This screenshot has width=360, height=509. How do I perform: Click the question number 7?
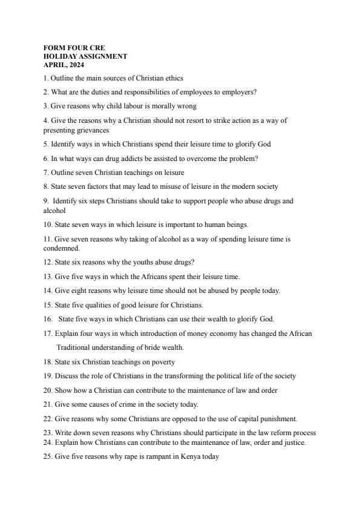click(x=46, y=172)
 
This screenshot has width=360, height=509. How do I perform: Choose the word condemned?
click(x=61, y=248)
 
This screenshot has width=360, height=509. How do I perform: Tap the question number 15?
click(x=48, y=304)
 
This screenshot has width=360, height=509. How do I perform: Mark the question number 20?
click(x=48, y=390)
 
